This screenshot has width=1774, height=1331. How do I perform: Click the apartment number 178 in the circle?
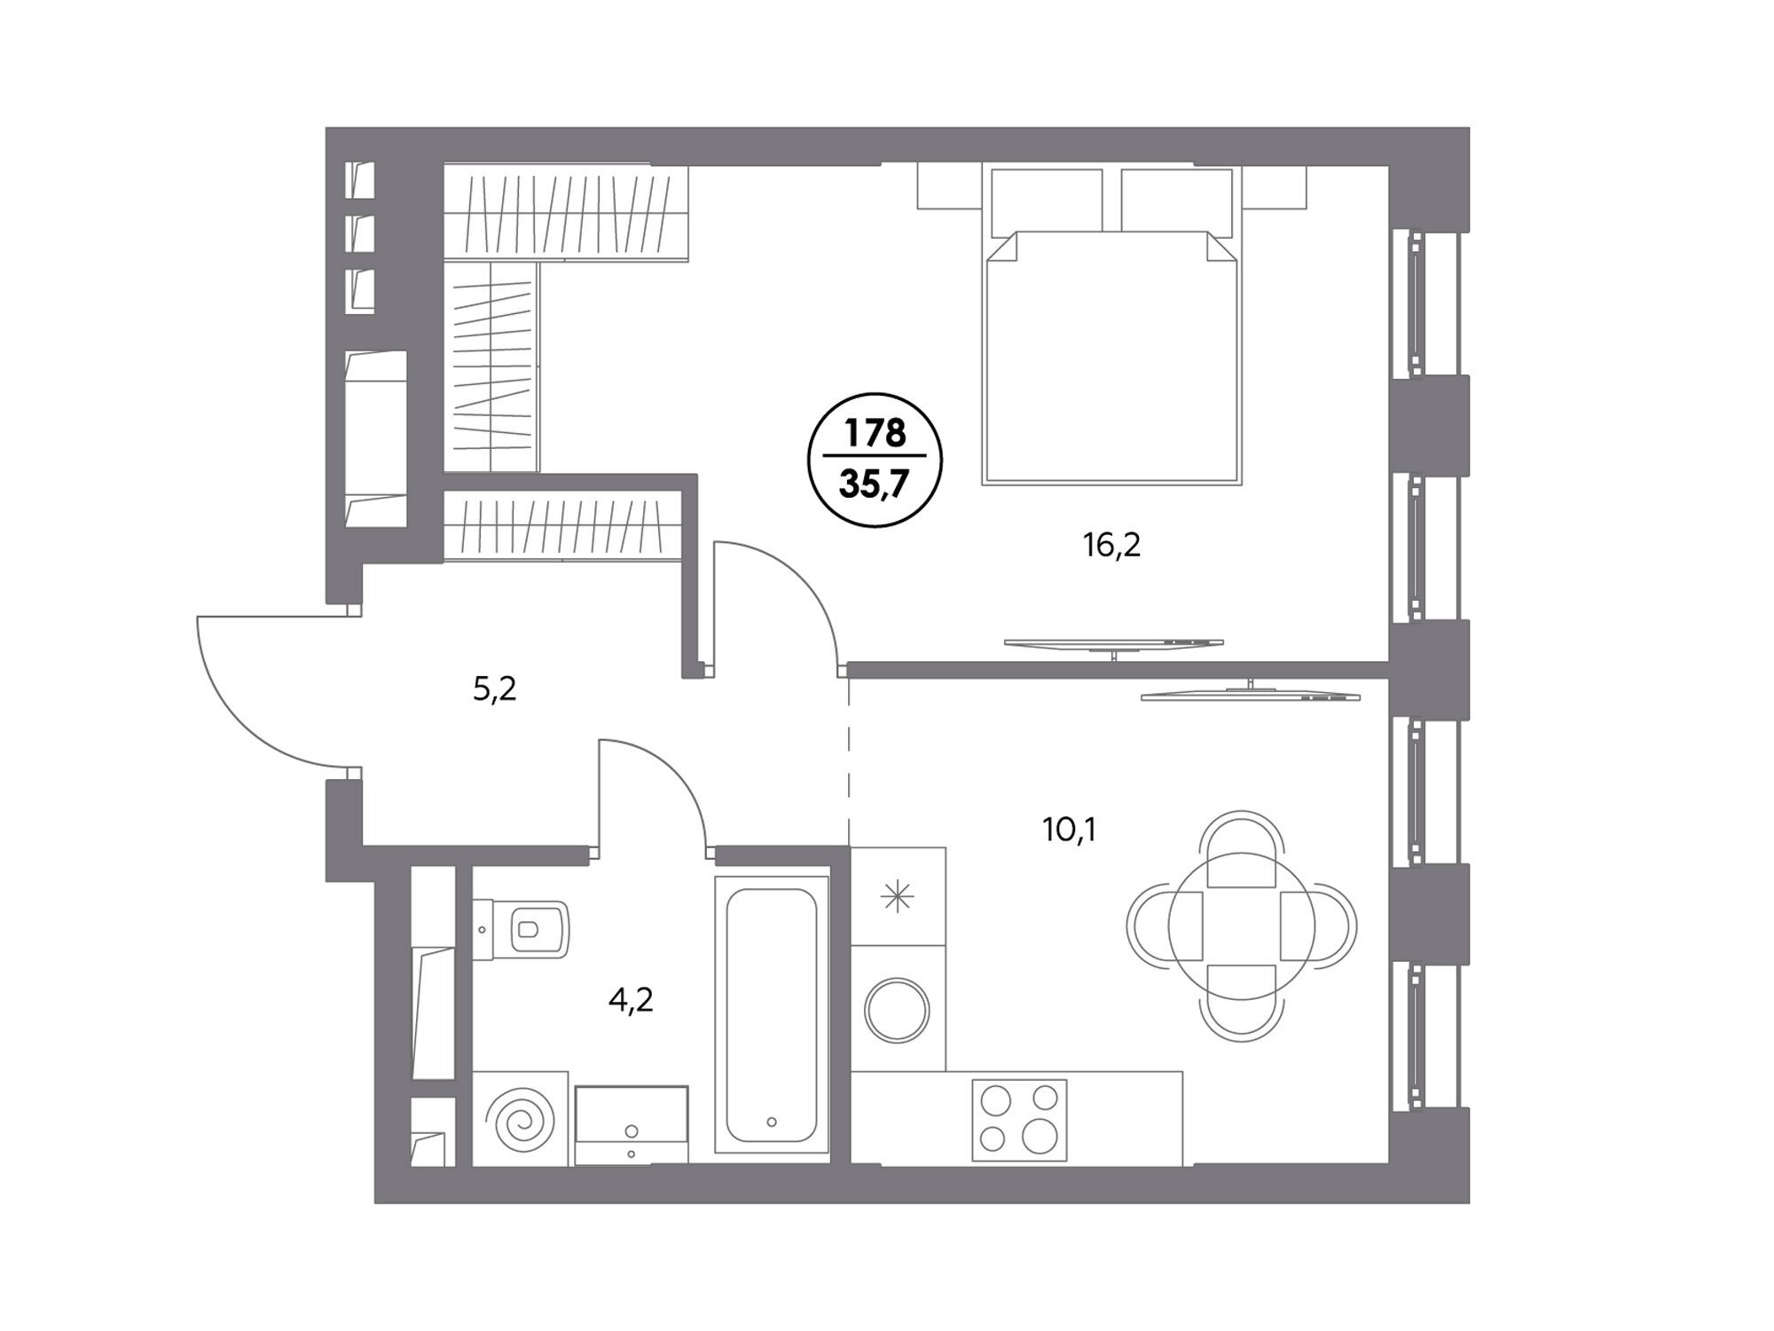pos(875,433)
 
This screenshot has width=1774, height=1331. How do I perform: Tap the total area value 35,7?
pos(875,485)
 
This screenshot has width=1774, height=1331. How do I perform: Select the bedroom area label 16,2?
pos(1111,546)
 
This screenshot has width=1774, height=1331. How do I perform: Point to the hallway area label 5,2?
pos(494,689)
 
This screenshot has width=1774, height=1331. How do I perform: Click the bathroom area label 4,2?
pos(631,1001)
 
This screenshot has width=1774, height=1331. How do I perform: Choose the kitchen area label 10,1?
pos(1070,831)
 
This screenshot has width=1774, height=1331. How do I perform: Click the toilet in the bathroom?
pos(521,929)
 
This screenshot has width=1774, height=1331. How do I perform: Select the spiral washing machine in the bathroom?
pos(520,1117)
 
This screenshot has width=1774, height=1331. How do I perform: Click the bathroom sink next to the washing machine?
pos(632,1124)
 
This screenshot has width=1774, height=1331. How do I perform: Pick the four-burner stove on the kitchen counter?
pos(1019,1120)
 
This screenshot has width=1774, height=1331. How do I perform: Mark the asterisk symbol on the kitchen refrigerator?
pos(897,897)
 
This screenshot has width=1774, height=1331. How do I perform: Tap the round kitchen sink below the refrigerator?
pos(897,1010)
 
